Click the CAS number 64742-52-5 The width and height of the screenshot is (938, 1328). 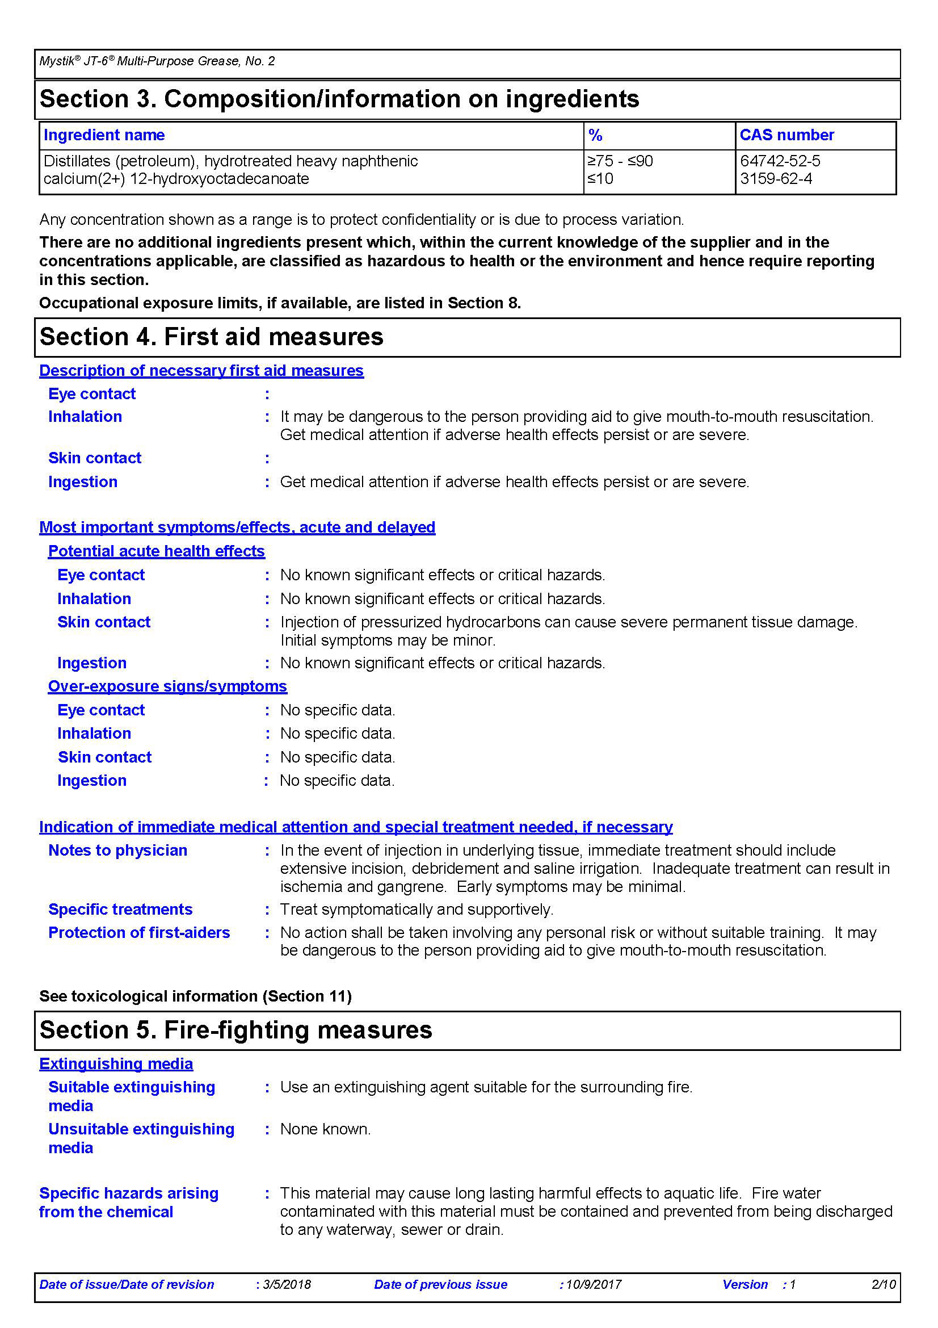pyautogui.click(x=780, y=161)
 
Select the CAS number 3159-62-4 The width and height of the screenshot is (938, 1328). pyautogui.click(x=776, y=179)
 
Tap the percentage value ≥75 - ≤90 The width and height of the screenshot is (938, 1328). pyautogui.click(x=620, y=161)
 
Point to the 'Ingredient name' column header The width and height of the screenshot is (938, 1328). pyautogui.click(x=104, y=135)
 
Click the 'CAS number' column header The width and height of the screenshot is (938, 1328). pyautogui.click(x=786, y=135)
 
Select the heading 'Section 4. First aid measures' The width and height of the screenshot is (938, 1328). pyautogui.click(x=212, y=337)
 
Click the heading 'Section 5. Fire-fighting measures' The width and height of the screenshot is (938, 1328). pyautogui.click(x=236, y=1030)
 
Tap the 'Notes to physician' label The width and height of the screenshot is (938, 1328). pyautogui.click(x=118, y=851)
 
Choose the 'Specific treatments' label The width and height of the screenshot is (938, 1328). pyautogui.click(x=120, y=909)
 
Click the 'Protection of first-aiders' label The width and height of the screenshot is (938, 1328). pyautogui.click(x=139, y=932)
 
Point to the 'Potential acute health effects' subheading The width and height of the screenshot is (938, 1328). pyautogui.click(x=156, y=551)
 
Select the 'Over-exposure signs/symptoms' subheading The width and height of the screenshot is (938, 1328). pyautogui.click(x=167, y=686)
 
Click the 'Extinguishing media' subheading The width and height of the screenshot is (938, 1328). pyautogui.click(x=116, y=1063)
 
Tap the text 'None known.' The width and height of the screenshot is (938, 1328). pyautogui.click(x=325, y=1129)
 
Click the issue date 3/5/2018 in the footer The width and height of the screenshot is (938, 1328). pyautogui.click(x=287, y=1285)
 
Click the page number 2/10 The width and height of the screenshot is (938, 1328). pyautogui.click(x=884, y=1285)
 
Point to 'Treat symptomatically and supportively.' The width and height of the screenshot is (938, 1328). pyautogui.click(x=417, y=909)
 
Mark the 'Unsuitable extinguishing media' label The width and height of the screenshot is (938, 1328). pyautogui.click(x=141, y=1138)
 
